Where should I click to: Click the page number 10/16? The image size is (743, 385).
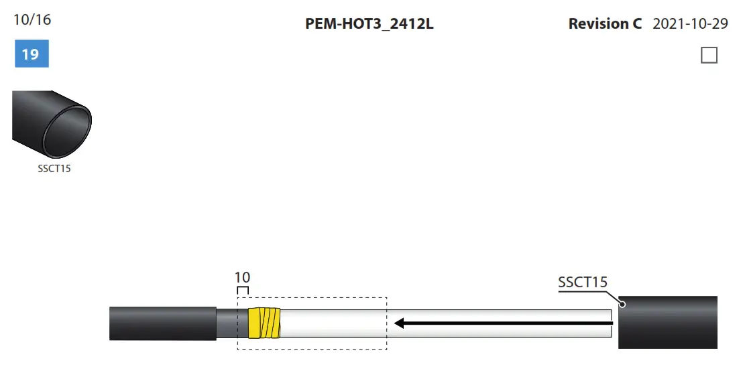[x=32, y=19]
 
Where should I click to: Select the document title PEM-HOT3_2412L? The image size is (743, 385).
[x=369, y=24]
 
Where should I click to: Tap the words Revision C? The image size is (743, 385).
[x=604, y=24]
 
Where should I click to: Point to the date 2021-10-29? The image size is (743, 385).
[x=690, y=24]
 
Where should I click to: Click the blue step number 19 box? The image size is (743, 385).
[x=32, y=54]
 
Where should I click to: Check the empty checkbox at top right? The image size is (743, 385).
[x=709, y=55]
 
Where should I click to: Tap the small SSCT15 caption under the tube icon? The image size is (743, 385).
[x=54, y=169]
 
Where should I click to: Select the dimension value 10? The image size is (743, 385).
[x=242, y=277]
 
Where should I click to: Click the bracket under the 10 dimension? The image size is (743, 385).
[x=243, y=289]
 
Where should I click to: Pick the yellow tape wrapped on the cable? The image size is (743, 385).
[x=264, y=323]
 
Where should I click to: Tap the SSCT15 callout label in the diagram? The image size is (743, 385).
[x=582, y=282]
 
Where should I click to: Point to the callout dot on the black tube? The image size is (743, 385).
[x=622, y=305]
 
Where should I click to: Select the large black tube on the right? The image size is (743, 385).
[x=668, y=323]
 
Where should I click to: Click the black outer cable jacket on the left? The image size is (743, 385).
[x=162, y=323]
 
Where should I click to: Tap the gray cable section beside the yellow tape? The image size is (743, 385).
[x=232, y=323]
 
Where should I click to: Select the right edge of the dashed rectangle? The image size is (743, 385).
[x=387, y=323]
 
